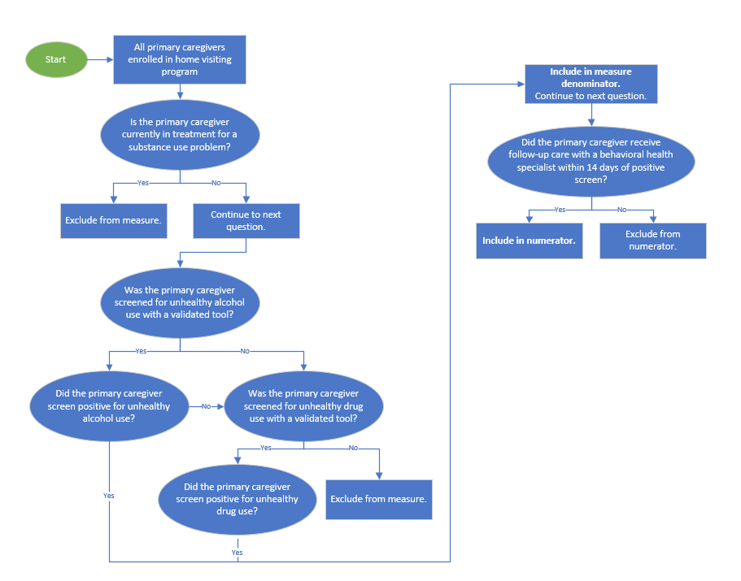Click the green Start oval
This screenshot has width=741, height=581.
click(56, 59)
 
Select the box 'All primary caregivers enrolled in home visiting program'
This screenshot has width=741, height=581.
click(180, 59)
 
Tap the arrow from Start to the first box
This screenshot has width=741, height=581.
click(99, 59)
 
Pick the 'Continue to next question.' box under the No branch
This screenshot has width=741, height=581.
click(246, 220)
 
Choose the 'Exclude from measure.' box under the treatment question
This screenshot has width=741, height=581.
click(114, 220)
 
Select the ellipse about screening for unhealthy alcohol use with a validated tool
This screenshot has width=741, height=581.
click(180, 303)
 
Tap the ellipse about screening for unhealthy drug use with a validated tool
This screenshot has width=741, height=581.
click(303, 406)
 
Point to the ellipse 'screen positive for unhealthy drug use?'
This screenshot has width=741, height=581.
click(238, 499)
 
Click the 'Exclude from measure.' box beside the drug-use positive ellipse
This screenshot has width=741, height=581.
click(378, 499)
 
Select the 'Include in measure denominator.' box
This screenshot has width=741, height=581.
click(591, 84)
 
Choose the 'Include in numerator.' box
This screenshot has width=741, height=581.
click(529, 241)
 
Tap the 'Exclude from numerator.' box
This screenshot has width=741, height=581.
click(652, 241)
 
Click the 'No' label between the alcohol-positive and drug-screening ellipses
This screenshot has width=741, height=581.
click(206, 406)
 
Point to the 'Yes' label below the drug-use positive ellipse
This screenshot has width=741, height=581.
click(238, 553)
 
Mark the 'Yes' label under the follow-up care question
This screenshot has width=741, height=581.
click(560, 210)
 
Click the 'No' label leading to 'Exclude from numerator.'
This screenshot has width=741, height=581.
click(622, 210)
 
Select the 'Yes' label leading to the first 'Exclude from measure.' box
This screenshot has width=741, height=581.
click(143, 183)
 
